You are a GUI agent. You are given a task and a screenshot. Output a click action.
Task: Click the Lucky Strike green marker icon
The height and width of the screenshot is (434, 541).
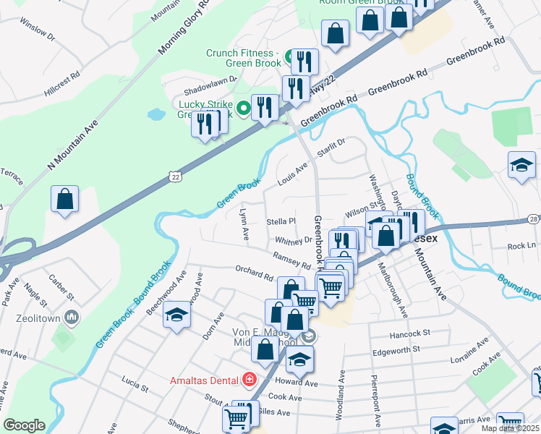point(244,109)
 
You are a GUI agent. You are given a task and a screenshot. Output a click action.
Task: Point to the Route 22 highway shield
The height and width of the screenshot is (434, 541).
point(175,176)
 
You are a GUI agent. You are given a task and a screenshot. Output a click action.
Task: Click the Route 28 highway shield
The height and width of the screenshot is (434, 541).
point(533,218)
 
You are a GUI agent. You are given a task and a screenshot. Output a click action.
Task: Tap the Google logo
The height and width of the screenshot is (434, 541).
point(24,425)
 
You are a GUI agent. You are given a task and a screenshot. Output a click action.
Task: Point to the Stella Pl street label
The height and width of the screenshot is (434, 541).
point(281,221)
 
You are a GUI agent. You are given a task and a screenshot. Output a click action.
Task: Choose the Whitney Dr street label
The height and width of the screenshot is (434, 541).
point(293,240)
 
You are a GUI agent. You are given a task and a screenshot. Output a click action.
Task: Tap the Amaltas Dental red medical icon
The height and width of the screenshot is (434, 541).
point(250,379)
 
